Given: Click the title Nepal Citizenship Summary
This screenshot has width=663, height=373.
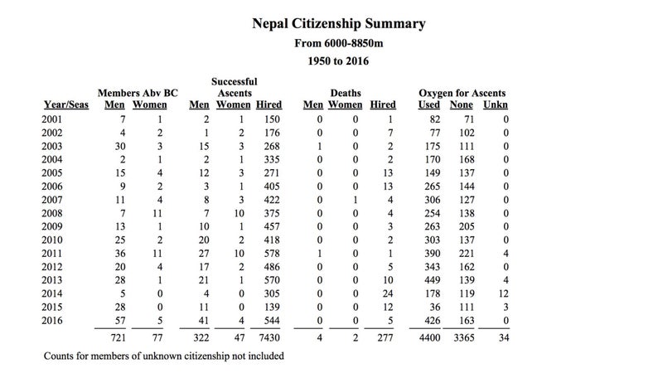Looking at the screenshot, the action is coord(339,24).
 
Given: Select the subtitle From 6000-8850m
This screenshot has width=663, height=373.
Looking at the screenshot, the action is coord(339,43).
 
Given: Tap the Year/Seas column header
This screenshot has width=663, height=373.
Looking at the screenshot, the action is coord(66,104).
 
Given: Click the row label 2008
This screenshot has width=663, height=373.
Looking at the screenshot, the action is coord(52,213).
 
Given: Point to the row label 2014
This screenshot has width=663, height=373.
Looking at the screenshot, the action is coord(52,293).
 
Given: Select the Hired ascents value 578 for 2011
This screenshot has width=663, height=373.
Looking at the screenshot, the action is coord(272,254).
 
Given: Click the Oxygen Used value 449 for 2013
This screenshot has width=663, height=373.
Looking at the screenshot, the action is coord(432,280).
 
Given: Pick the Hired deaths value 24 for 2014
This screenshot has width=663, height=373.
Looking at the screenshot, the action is coord(387,293).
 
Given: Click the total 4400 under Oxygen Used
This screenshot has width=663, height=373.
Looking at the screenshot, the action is coord(429,337).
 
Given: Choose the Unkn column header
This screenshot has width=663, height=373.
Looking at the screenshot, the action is coord(496,104).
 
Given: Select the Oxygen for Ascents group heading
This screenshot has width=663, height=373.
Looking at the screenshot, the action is coord(462,93).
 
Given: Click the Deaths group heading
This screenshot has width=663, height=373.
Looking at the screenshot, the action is coord(346,93).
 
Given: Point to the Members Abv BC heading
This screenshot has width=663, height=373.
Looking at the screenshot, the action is coord(138,93).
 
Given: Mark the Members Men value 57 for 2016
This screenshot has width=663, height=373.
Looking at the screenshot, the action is coord(120,321).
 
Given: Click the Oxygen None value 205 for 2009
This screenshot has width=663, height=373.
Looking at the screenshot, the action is coord(467,226).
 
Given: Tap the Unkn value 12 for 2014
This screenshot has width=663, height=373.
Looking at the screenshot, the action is coord(503,293).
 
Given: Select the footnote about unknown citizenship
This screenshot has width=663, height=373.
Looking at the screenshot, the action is coord(163,356).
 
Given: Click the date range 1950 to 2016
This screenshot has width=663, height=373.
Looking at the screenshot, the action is coord(338,61).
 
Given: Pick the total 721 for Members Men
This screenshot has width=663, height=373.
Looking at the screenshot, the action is coord(119,337).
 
